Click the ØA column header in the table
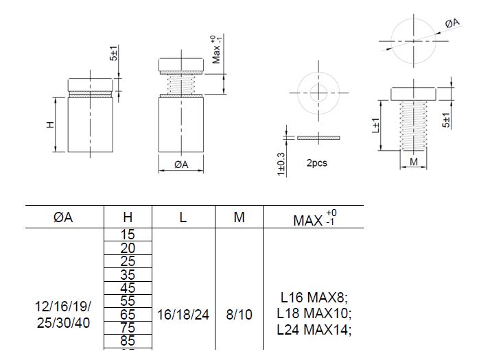62,217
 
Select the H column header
128,217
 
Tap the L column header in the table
183,217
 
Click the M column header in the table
239,217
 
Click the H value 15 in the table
128,235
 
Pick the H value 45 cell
128,288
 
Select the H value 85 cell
128,341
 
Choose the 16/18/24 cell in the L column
183,315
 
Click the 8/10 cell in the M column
239,315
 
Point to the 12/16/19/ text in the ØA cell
62,307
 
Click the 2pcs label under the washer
317,164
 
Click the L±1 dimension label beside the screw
376,126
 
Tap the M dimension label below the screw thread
413,162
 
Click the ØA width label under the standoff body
181,165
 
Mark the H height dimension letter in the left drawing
50,125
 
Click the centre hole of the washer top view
318,92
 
